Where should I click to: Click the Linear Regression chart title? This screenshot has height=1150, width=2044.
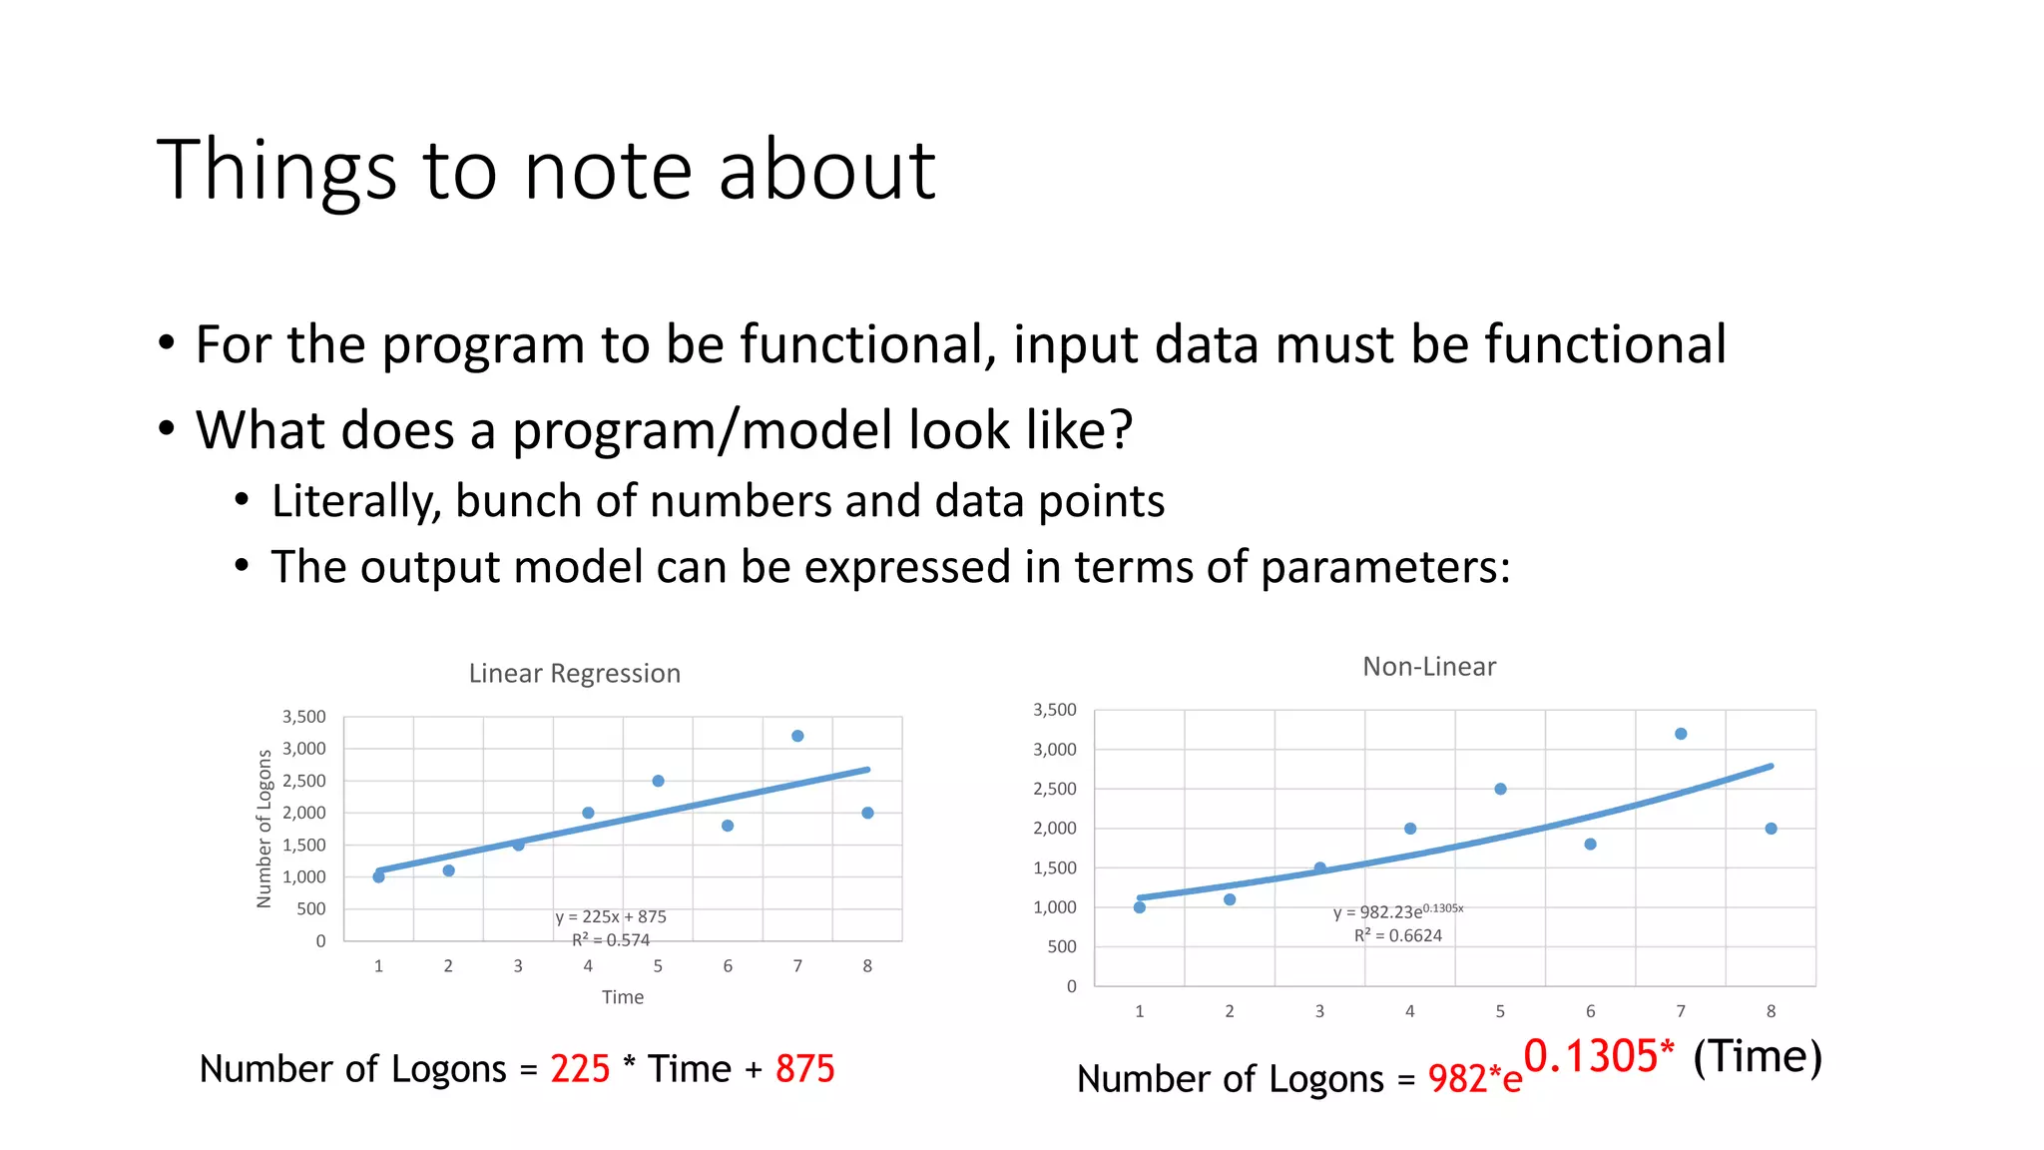(574, 674)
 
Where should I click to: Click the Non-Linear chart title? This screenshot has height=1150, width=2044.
(1429, 667)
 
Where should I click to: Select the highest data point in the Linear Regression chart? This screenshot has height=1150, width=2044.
(797, 736)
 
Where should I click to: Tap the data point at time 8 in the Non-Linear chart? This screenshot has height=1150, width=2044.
(1771, 829)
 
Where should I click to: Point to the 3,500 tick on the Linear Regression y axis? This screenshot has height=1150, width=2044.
(304, 717)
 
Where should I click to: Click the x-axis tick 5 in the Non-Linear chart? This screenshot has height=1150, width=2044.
(1500, 1011)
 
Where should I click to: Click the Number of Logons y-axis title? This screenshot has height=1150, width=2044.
(264, 829)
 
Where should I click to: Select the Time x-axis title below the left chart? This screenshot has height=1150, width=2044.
(622, 997)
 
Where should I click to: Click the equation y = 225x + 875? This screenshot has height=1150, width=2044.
(611, 916)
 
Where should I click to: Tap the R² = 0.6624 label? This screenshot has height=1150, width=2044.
(1397, 935)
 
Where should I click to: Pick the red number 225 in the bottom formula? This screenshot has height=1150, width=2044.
(580, 1069)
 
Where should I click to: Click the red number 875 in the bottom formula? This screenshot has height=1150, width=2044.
(804, 1069)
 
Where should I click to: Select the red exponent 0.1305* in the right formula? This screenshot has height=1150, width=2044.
(1598, 1056)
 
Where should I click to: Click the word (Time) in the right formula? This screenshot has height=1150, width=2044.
(1758, 1056)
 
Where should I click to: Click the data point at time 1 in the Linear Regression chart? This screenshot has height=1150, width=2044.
(378, 876)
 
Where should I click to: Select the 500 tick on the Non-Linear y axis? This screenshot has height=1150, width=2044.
(1062, 946)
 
